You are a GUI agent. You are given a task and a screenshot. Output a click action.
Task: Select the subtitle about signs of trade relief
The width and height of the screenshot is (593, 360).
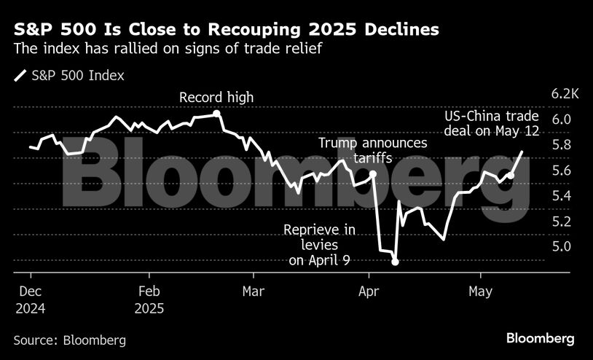tap(165, 49)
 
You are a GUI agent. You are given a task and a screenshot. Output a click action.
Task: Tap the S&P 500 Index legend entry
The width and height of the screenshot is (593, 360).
tap(68, 74)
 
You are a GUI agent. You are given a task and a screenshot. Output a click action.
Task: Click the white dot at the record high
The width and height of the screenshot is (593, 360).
tap(217, 114)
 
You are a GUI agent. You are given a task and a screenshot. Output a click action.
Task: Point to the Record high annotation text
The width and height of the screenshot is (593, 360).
tap(216, 98)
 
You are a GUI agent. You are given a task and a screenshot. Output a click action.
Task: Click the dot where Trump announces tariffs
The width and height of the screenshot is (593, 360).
tap(373, 174)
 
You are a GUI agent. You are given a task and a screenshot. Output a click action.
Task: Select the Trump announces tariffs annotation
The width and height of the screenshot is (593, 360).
tap(373, 150)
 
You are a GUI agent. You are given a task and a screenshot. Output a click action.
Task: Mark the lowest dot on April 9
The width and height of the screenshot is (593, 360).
tap(395, 262)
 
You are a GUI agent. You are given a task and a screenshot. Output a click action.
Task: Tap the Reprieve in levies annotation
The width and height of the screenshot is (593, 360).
tap(319, 245)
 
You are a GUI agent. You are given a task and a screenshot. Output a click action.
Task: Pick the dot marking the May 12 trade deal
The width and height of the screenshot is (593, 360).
tap(511, 176)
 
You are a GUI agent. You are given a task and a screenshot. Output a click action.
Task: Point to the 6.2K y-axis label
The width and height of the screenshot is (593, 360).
tap(565, 94)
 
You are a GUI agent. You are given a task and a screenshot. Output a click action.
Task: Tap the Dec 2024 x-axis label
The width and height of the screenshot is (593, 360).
tap(30, 299)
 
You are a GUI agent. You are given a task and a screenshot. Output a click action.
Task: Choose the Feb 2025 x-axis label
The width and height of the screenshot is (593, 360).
tap(149, 299)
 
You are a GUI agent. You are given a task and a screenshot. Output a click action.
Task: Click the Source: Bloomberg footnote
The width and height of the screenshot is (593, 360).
tap(69, 340)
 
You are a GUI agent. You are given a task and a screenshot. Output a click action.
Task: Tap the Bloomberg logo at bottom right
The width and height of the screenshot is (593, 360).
tap(541, 339)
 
